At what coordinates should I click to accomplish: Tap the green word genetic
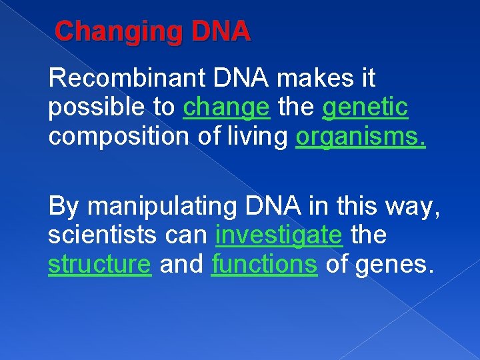click(x=365, y=107)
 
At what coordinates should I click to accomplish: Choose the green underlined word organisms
click(x=361, y=136)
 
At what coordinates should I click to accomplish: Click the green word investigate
click(x=279, y=236)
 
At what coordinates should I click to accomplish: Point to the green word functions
click(x=264, y=264)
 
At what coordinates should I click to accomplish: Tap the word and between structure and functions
click(x=181, y=264)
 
